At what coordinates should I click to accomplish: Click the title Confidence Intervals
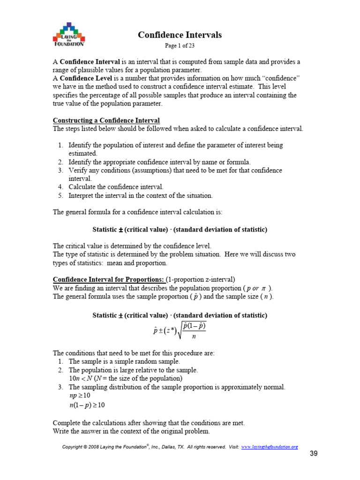180,35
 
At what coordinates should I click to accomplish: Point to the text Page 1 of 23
180,45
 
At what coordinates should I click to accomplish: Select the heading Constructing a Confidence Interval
106,120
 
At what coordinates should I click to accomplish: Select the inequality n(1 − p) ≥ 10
87,405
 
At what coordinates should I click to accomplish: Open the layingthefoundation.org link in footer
270,447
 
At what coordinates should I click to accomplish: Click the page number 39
314,454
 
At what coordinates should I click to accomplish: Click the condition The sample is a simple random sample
124,361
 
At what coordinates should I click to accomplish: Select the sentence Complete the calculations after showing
149,422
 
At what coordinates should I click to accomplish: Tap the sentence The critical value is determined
132,246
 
